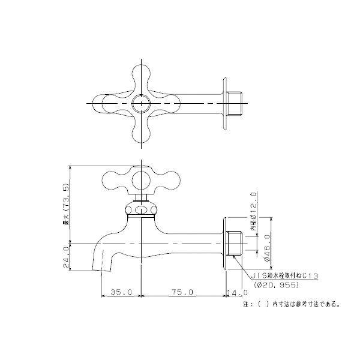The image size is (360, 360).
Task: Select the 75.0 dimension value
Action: click(x=183, y=292)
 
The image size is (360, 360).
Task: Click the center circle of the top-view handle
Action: click(x=141, y=103)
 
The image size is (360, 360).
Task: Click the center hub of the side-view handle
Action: click(x=141, y=179)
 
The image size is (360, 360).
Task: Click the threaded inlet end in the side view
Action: click(x=235, y=243)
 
